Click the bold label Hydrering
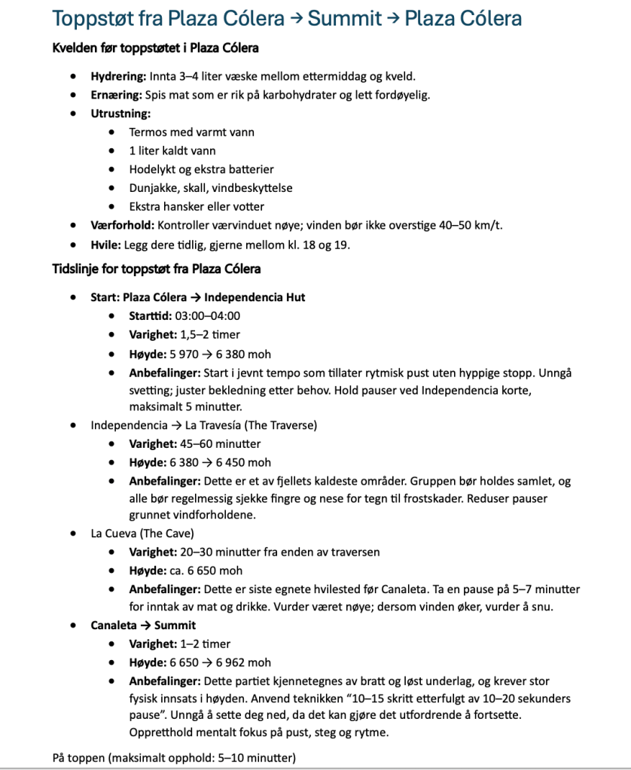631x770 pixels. (118, 76)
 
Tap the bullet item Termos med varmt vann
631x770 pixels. (191, 132)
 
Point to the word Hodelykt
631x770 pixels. (153, 169)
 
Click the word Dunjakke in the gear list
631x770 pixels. (152, 187)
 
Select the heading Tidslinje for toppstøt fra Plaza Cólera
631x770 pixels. (157, 269)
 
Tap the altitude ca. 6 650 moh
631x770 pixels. (205, 571)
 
